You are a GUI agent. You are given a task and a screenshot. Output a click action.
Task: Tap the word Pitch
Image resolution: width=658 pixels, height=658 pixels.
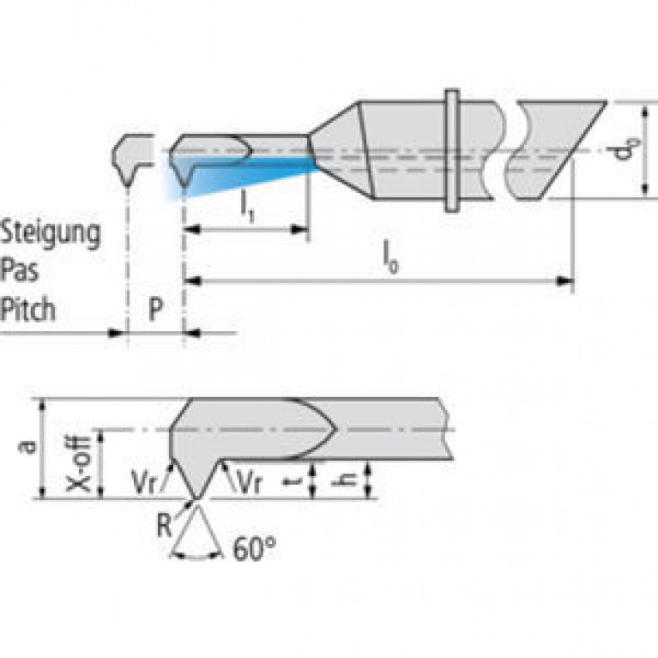tap(28, 308)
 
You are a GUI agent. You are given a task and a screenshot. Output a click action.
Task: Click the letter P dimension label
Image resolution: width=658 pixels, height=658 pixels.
tap(154, 309)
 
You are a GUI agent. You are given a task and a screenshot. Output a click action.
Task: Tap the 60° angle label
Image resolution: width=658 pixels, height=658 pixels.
tap(254, 547)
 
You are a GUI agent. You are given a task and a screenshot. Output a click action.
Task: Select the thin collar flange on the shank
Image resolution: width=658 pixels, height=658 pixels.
tap(451, 150)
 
